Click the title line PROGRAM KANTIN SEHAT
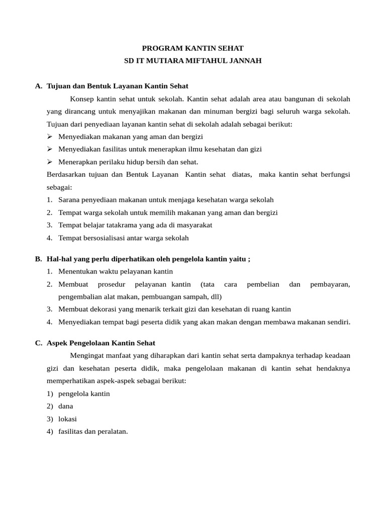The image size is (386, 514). [192, 48]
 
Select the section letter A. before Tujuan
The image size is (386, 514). [39, 86]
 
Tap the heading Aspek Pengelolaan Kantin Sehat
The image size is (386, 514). [101, 343]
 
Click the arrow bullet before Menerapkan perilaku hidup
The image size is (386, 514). [50, 162]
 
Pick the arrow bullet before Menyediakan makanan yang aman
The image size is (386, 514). [50, 137]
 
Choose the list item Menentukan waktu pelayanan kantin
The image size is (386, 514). [115, 271]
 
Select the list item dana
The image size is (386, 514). [65, 406]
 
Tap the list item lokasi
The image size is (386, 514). [67, 419]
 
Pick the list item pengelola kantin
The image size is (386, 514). [84, 394]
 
